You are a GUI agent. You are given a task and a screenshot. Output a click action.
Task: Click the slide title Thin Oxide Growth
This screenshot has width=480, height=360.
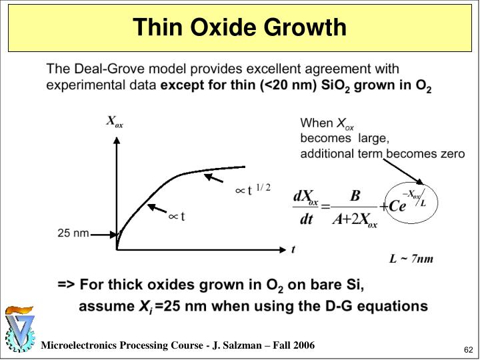239,27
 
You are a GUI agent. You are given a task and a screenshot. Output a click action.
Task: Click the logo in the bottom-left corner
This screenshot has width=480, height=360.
19,329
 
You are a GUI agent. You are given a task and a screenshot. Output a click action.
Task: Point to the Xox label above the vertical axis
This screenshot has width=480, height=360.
115,121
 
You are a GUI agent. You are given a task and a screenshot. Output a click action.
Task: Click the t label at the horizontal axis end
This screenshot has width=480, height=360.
293,249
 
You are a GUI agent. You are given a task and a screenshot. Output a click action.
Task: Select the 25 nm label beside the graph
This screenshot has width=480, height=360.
73,233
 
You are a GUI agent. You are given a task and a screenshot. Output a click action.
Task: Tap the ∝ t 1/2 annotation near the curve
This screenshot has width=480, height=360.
253,190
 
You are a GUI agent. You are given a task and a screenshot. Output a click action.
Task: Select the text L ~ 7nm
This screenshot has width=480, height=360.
411,259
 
